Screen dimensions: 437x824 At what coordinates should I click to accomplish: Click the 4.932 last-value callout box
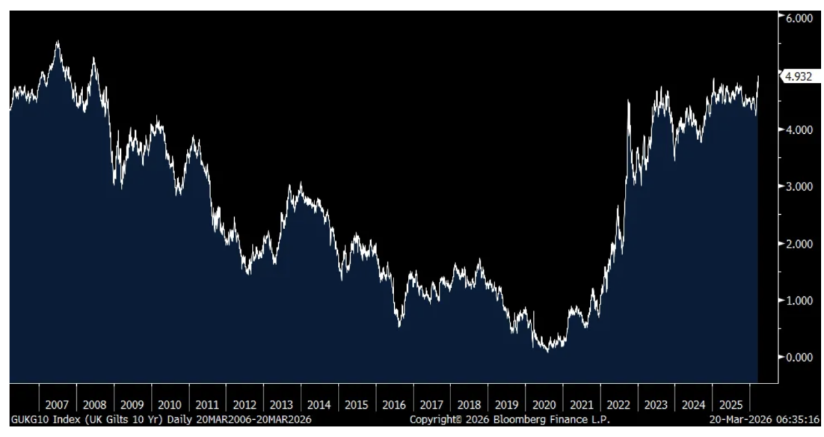(797, 77)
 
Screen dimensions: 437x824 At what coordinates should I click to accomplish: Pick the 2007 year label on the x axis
(58, 405)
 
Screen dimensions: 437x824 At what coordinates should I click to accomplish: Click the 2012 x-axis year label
(245, 405)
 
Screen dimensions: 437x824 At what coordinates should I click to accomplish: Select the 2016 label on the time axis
(395, 405)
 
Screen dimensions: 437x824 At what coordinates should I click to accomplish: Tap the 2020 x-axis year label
(545, 405)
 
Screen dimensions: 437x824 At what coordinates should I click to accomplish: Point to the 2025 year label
(731, 405)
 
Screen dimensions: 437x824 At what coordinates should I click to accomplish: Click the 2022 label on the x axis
(619, 405)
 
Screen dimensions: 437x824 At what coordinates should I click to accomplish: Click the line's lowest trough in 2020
(547, 351)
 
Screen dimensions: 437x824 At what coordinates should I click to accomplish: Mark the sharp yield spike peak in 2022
(629, 102)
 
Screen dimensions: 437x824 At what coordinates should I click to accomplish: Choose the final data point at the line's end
(758, 77)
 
